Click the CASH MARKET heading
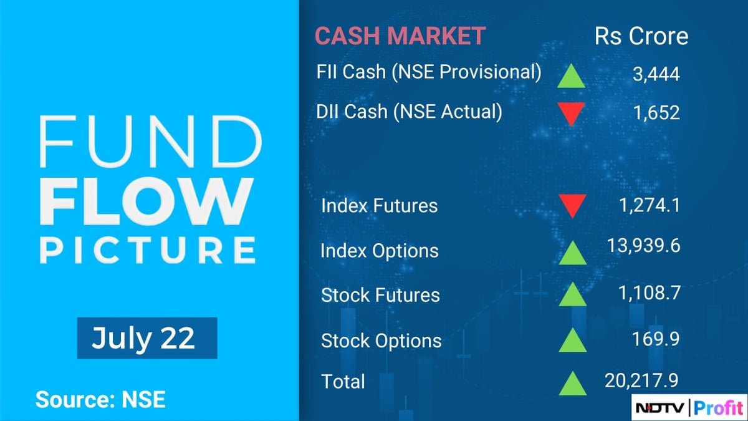400,36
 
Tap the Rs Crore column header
641,36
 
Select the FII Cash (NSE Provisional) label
429,72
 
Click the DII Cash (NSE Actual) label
409,112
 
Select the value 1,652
654,113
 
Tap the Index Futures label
379,206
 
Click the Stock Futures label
380,295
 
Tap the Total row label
343,381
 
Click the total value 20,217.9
641,380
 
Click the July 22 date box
146,338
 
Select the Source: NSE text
100,400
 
